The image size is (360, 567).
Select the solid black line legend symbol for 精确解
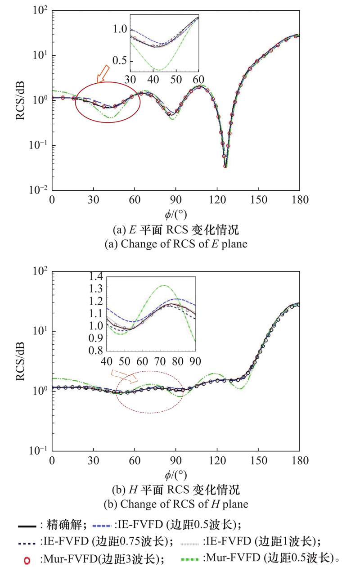pos(27,525)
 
